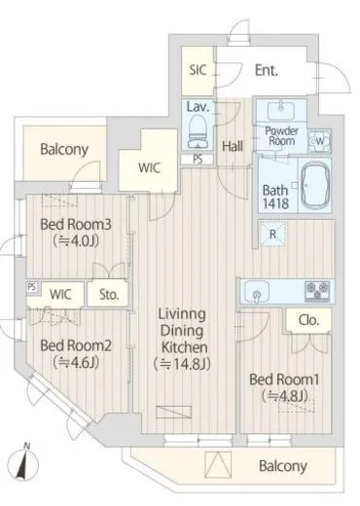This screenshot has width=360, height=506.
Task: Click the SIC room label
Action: click(x=198, y=70)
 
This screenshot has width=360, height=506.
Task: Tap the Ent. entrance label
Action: click(x=267, y=70)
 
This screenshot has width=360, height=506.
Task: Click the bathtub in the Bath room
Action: click(x=315, y=185)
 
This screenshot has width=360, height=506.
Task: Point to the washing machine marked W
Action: click(x=319, y=141)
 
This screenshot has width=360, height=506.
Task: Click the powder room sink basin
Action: click(x=281, y=111)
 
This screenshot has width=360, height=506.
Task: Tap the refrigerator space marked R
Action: click(x=272, y=234)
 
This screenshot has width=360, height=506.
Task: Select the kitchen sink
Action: click(x=257, y=292)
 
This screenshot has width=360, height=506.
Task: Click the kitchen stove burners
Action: click(x=317, y=290)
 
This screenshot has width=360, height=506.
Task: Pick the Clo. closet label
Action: click(x=308, y=320)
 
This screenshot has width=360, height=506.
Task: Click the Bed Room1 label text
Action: click(x=284, y=379)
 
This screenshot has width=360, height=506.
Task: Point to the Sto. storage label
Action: click(x=109, y=295)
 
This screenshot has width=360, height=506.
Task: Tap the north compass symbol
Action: click(x=22, y=464)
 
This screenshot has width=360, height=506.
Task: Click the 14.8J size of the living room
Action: click(x=182, y=364)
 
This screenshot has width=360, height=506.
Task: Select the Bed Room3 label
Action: click(x=76, y=225)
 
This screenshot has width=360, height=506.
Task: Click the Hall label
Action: click(x=233, y=146)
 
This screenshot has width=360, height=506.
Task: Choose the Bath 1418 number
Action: click(x=275, y=203)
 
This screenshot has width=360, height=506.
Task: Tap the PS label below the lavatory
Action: click(x=198, y=160)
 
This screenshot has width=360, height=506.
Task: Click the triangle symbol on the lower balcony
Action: click(x=218, y=465)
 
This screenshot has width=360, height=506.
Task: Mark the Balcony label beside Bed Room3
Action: click(x=64, y=149)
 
